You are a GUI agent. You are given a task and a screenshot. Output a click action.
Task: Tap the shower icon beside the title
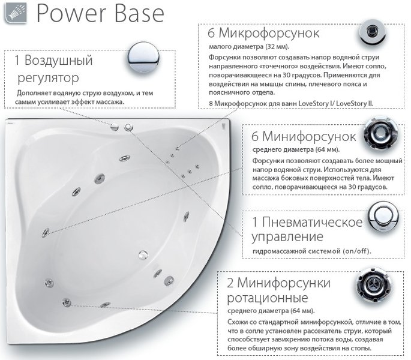[x=14, y=13]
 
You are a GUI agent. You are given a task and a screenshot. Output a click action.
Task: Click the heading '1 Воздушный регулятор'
[x=54, y=69]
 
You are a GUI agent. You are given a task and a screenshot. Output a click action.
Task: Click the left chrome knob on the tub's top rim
[x=115, y=126]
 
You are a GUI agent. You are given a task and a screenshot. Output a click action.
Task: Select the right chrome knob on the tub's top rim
[x=128, y=126]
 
